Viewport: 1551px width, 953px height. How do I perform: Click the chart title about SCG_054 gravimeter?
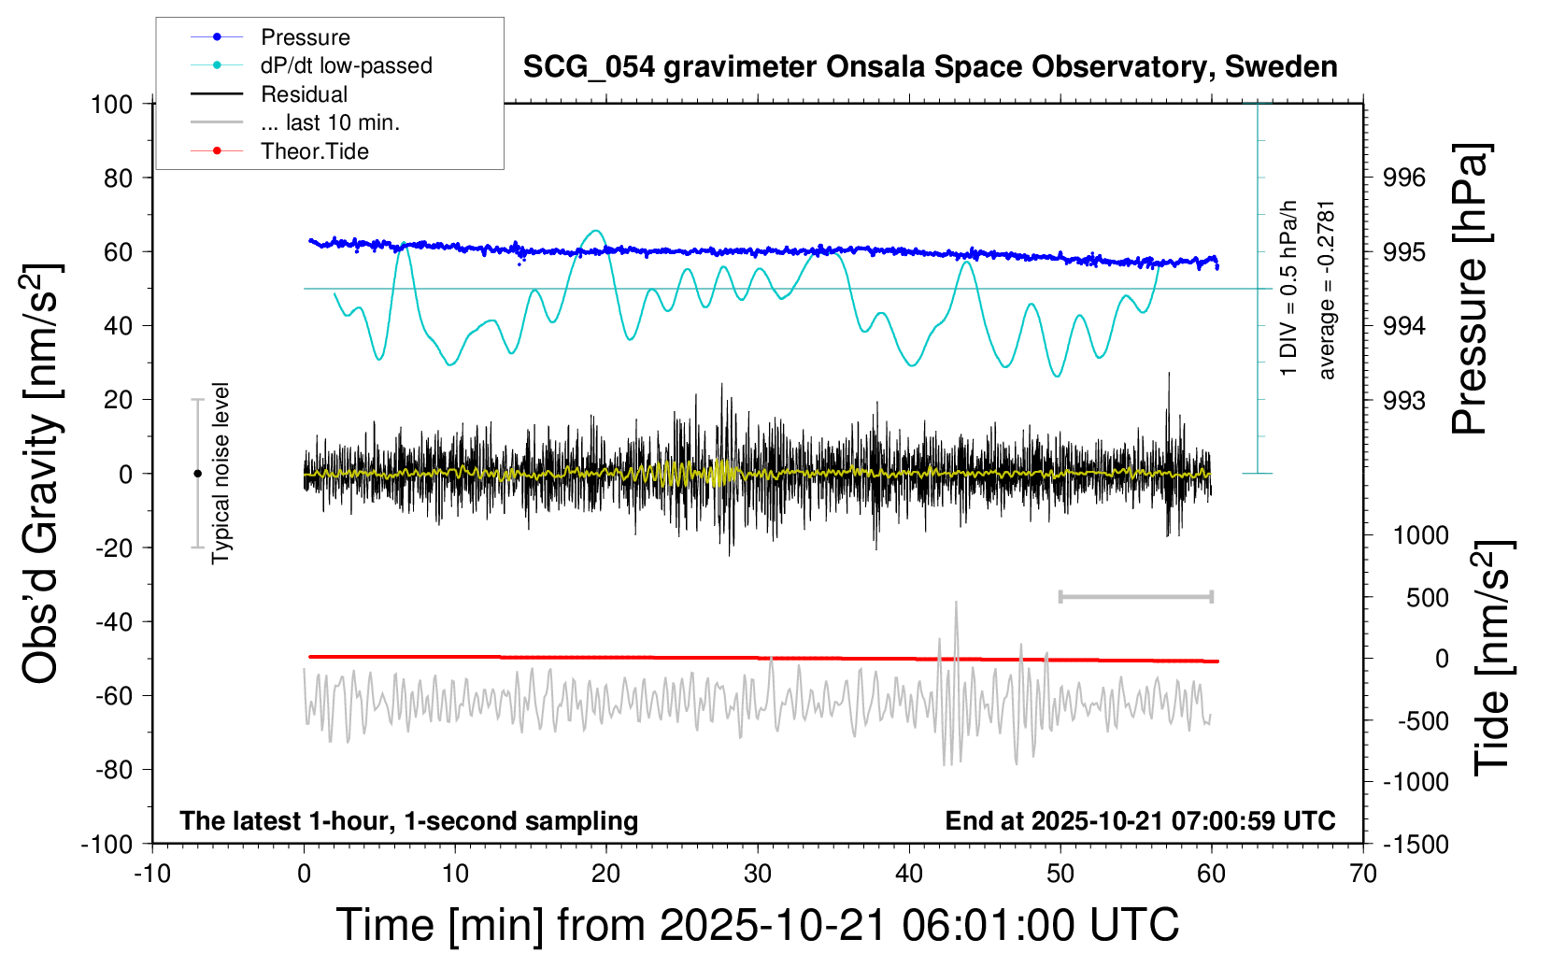coord(930,67)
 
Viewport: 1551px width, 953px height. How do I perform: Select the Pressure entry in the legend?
coord(305,37)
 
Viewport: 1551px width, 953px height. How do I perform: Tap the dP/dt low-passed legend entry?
coord(346,65)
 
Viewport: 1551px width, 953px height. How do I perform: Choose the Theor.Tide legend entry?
coord(314,151)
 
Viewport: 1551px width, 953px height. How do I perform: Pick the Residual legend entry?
coord(304,94)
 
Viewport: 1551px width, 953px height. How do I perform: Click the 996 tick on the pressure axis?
coord(1404,178)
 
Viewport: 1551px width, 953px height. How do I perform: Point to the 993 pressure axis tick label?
coord(1404,401)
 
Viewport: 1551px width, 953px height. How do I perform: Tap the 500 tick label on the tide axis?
coord(1427,597)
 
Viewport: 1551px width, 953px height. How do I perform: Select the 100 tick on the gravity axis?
coord(111,104)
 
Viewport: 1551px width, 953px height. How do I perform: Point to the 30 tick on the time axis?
coord(758,875)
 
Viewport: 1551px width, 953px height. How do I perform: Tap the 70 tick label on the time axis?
coord(1363,875)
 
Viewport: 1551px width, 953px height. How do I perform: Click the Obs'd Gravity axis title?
coord(42,474)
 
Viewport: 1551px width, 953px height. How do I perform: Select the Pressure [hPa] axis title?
coord(1470,290)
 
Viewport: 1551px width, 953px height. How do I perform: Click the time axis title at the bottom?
coord(758,925)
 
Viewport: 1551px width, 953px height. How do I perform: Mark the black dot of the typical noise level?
coord(197,474)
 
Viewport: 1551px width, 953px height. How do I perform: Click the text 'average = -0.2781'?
coord(1327,290)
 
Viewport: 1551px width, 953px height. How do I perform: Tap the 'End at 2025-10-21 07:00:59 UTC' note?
coord(1140,821)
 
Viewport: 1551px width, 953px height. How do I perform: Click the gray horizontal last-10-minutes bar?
coord(1135,596)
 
